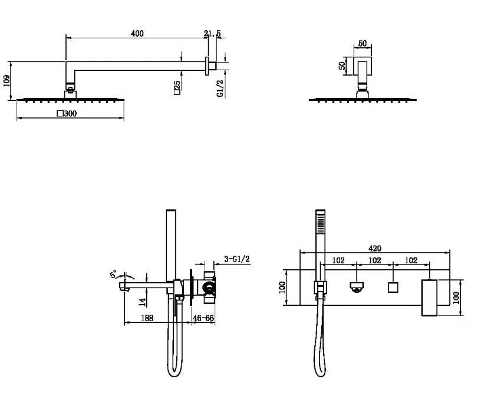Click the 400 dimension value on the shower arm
pyautogui.click(x=137, y=34)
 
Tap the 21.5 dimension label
pyautogui.click(x=212, y=34)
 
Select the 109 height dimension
pyautogui.click(x=7, y=81)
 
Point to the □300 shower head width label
pyautogui.click(x=67, y=113)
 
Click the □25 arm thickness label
pyautogui.click(x=177, y=87)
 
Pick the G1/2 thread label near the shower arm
pyautogui.click(x=220, y=89)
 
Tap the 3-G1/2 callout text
pyautogui.click(x=237, y=259)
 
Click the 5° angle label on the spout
pyautogui.click(x=114, y=274)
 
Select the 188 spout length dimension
pyautogui.click(x=147, y=318)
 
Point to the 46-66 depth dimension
pyautogui.click(x=203, y=318)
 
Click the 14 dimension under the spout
pyautogui.click(x=142, y=302)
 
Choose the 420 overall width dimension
pyautogui.click(x=375, y=249)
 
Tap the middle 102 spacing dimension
pyautogui.click(x=375, y=260)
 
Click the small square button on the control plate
pyautogui.click(x=393, y=288)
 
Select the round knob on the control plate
pyautogui.click(x=357, y=287)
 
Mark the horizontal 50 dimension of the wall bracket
pyautogui.click(x=363, y=43)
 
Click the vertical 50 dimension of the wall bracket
pyautogui.click(x=342, y=66)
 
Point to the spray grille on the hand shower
pyautogui.click(x=320, y=224)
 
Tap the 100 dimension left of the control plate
pyautogui.click(x=282, y=287)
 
